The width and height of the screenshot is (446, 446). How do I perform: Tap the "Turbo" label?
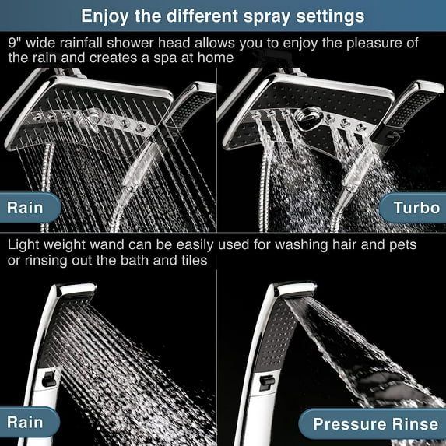(x=416, y=208)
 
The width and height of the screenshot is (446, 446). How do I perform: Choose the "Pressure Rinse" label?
(x=375, y=424)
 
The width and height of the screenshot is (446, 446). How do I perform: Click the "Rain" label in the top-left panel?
(x=26, y=208)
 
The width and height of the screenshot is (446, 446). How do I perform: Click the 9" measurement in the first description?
(x=13, y=42)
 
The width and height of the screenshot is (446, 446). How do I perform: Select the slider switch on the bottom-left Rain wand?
(x=50, y=379)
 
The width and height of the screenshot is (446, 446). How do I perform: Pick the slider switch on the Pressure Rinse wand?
(x=265, y=381)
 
